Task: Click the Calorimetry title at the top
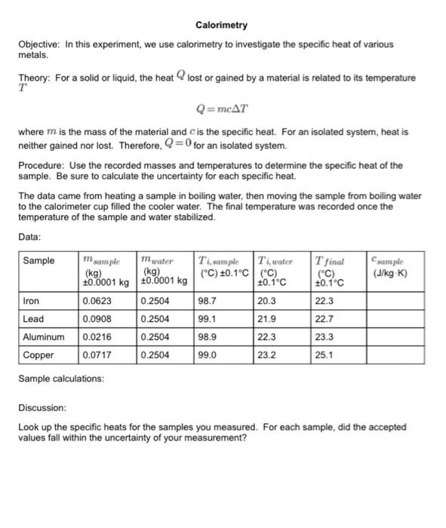click(221, 26)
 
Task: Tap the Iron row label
click(32, 300)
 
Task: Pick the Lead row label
click(32, 318)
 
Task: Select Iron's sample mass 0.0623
click(97, 300)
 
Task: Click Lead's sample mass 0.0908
click(97, 318)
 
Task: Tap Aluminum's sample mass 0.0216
click(97, 336)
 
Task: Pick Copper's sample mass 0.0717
click(97, 355)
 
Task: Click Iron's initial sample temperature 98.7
click(207, 300)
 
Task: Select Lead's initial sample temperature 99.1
click(207, 318)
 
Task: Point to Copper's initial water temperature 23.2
click(267, 355)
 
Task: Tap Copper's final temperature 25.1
click(325, 355)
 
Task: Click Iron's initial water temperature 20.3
click(267, 300)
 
